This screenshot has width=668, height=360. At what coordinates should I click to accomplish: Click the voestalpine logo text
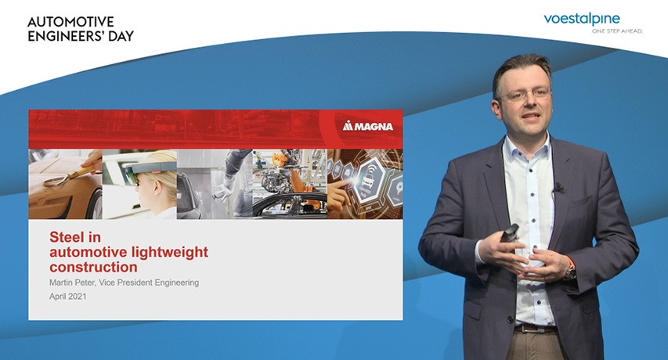pos(582,20)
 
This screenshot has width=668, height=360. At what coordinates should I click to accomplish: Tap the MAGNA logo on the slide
pos(368,126)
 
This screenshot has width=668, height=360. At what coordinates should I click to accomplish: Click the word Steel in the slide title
pos(75,236)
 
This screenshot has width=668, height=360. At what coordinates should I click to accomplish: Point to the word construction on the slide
pos(93,267)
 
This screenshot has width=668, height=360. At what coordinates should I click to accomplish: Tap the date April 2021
pos(67,296)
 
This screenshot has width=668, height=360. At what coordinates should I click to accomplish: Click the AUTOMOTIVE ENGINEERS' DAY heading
pos(81,28)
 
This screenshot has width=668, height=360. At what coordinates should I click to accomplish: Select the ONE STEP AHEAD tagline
pos(617,31)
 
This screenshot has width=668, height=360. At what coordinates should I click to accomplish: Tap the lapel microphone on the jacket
pos(558,187)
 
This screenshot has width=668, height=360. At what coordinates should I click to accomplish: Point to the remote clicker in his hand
pos(509,232)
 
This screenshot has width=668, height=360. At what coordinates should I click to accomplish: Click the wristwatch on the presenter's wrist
pos(570,272)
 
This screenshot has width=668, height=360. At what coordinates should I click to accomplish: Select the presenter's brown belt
pos(535,329)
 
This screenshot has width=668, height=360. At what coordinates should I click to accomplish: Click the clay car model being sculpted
pos(63,192)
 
